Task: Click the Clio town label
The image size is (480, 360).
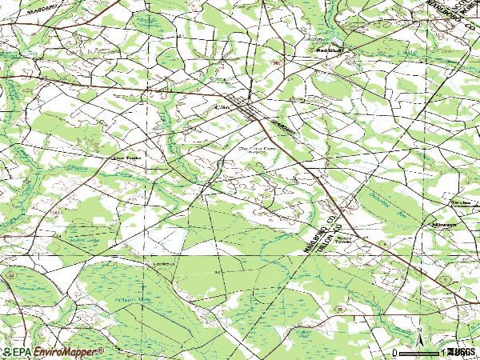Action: (x=222, y=106)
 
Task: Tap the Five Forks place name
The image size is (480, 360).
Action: (x=118, y=158)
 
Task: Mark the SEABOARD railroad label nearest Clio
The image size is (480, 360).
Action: (x=282, y=128)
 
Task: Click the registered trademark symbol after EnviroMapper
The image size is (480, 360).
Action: (x=102, y=350)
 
